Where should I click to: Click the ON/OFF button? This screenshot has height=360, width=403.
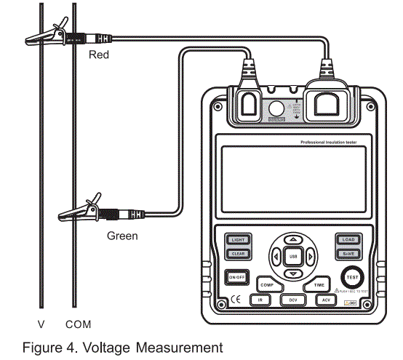tap(236, 277)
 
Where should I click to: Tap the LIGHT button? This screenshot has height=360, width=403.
tap(238, 239)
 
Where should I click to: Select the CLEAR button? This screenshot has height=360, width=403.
tap(238, 253)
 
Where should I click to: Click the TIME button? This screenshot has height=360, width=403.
tap(319, 286)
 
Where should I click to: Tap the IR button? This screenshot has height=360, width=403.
tap(259, 300)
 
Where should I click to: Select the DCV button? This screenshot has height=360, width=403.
tap(292, 300)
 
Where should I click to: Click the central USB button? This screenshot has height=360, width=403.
tap(292, 256)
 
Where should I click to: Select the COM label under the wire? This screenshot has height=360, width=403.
tap(78, 322)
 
